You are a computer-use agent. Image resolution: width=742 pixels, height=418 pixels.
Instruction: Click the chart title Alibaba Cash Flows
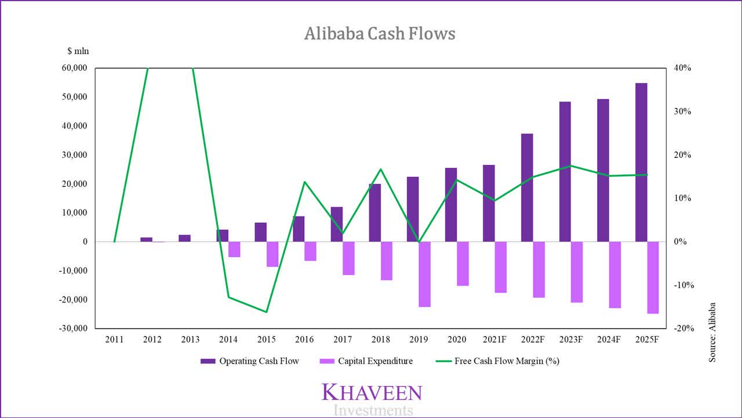coord(380,34)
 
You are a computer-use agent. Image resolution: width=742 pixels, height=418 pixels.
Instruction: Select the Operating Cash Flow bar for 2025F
coord(641,163)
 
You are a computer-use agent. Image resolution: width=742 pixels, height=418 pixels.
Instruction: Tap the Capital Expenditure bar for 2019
coord(424,274)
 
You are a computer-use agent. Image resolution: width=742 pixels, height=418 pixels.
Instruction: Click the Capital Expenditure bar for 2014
coord(234,249)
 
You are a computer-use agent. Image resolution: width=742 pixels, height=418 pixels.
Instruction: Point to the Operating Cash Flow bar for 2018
coord(375,212)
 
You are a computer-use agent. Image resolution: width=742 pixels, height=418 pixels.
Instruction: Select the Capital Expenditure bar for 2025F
coord(653,278)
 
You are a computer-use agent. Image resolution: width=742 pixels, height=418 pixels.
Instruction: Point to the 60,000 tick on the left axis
coord(74,68)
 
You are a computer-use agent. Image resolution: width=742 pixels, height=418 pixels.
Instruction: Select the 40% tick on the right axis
coord(683,68)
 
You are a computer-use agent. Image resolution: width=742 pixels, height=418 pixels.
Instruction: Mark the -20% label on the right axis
coord(684,328)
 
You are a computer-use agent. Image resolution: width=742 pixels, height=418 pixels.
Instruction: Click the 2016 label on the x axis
coord(304,339)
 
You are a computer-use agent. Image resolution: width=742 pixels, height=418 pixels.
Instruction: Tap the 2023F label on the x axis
coord(570,339)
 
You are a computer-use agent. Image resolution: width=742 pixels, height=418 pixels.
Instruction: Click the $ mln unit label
coord(78,51)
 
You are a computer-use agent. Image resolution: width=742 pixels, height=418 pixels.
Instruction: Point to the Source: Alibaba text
coord(712,333)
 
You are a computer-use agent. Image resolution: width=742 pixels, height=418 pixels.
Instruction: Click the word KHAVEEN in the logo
coord(372,392)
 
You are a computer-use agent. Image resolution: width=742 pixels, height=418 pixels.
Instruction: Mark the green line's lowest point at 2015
coord(267,312)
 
